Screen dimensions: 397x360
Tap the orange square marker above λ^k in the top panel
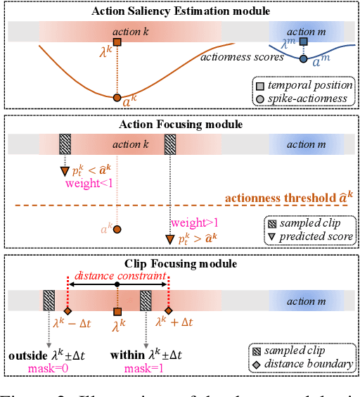point(118,43)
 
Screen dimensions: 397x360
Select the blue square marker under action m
point(303,43)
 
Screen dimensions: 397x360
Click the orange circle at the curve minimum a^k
point(117,97)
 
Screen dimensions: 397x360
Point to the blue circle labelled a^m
point(303,60)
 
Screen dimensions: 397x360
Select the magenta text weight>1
point(191,223)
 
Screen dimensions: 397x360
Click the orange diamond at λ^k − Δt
point(67,311)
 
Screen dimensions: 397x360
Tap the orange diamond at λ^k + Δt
point(168,311)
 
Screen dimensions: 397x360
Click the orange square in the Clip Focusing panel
point(117,311)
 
